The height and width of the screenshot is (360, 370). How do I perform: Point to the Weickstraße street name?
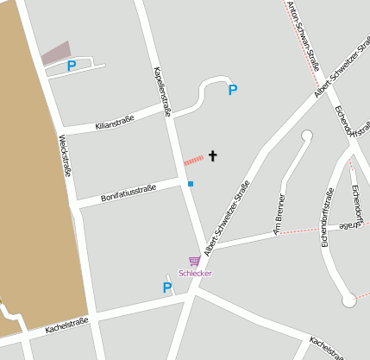[65, 155]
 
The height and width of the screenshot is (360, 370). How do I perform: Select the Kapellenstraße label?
[162, 90]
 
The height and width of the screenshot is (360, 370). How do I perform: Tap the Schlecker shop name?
[195, 273]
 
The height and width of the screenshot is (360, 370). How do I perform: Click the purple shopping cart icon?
[195, 261]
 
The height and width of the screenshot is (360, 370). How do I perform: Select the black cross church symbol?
[212, 156]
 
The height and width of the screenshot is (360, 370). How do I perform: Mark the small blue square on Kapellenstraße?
[191, 183]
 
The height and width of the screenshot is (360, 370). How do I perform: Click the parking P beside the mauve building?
[72, 65]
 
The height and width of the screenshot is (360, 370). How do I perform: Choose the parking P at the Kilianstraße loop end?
[232, 90]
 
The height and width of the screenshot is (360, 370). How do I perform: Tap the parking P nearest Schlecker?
[167, 288]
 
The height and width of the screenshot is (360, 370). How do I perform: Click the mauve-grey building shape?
[56, 53]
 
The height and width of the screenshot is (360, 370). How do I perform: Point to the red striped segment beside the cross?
[193, 160]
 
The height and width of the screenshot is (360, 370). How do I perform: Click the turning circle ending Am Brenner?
[306, 135]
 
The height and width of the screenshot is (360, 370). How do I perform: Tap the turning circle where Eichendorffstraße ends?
[348, 300]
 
